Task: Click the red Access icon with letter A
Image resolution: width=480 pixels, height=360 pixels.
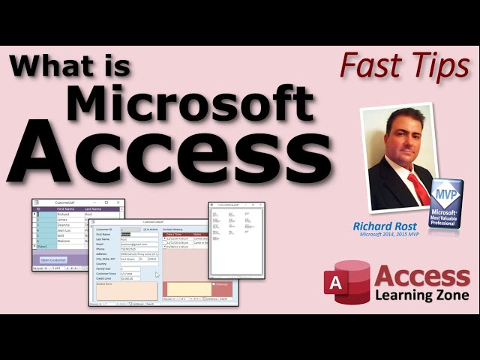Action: tap(344, 282)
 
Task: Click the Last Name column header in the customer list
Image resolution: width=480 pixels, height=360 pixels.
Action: tap(92, 208)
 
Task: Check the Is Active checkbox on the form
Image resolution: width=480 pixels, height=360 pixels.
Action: tap(145, 229)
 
